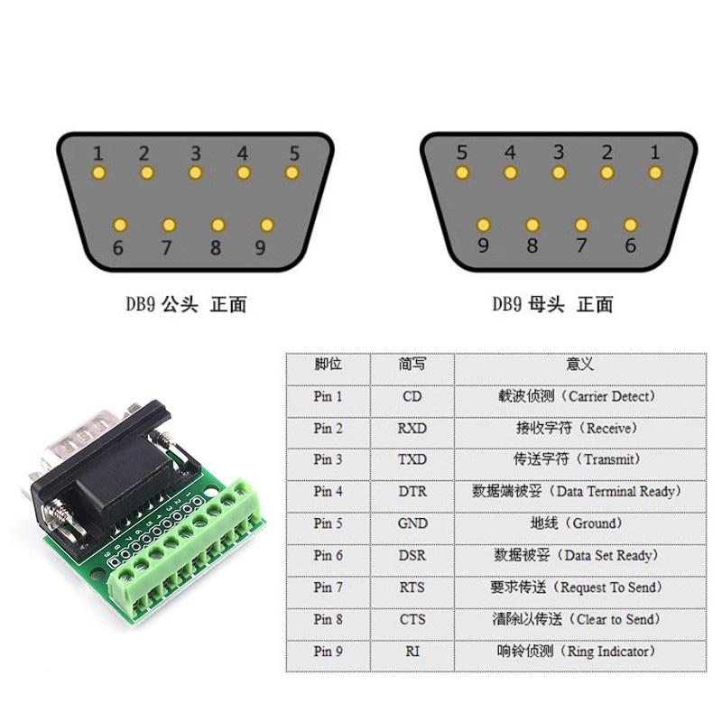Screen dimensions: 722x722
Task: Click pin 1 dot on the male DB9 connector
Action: (99, 172)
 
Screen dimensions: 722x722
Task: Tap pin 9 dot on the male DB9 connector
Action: (266, 224)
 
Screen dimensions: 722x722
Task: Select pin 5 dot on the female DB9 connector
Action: (462, 172)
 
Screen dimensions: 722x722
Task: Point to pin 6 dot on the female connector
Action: (630, 224)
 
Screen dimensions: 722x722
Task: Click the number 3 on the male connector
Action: (195, 153)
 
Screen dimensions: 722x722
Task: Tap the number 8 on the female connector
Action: (532, 245)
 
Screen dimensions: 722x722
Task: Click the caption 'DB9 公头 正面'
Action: (186, 305)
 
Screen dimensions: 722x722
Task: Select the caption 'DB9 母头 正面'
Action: (552, 305)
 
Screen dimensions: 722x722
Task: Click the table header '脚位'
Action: (328, 365)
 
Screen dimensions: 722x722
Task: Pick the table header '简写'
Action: (412, 365)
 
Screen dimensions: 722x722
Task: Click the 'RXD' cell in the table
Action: (412, 428)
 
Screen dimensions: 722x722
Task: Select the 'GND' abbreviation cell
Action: (412, 523)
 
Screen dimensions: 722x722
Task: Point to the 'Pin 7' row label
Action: (328, 588)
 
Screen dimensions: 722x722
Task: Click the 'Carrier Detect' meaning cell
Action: (577, 396)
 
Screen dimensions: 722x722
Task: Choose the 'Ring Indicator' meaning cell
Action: (577, 652)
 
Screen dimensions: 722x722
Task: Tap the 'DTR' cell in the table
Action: (412, 492)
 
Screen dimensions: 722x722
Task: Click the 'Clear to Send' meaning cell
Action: (577, 620)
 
